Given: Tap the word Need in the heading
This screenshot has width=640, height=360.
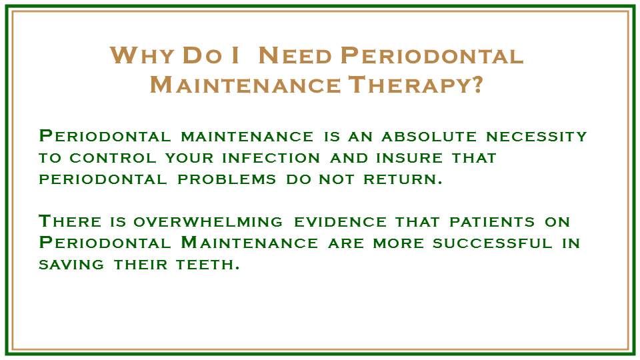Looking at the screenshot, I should pyautogui.click(x=293, y=56).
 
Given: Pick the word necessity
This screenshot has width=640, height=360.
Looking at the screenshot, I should pyautogui.click(x=537, y=137).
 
